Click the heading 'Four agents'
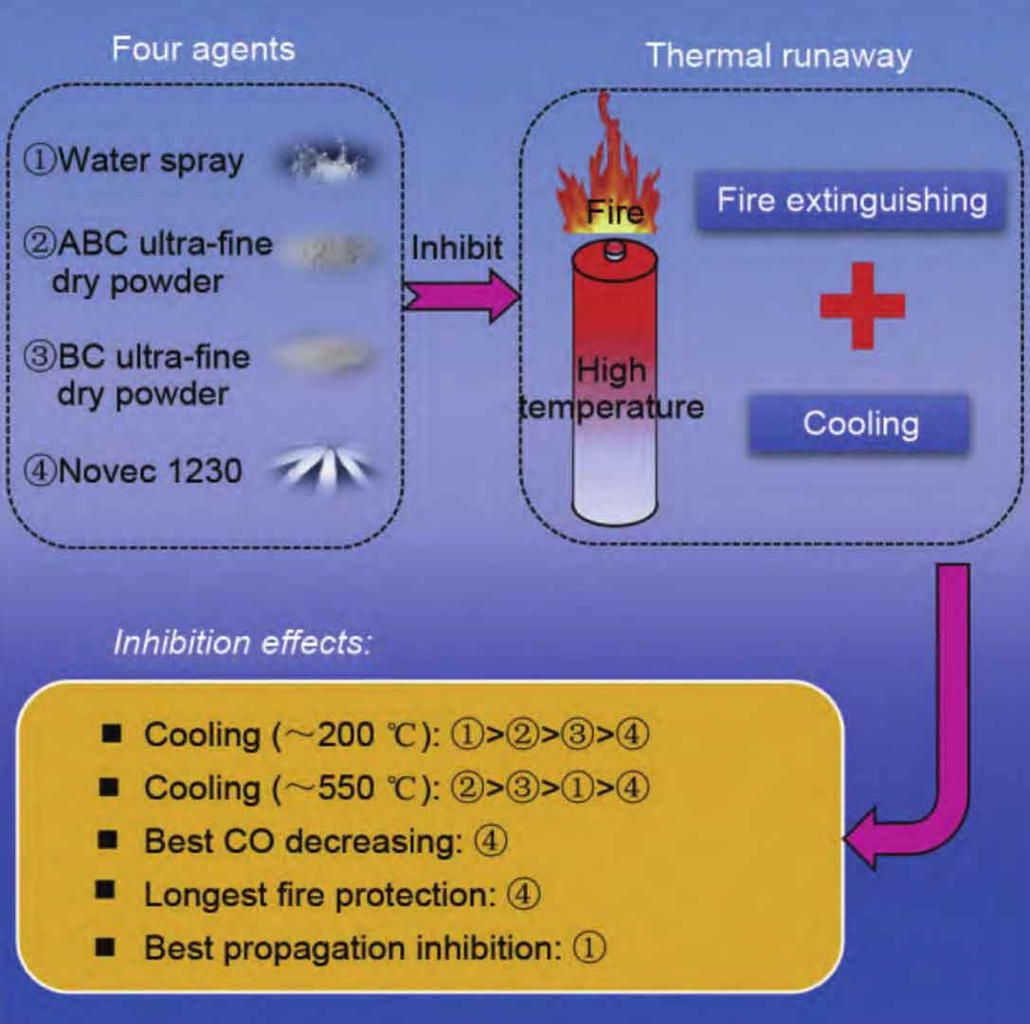coord(204,50)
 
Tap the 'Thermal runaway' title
coord(779,56)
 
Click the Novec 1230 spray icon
coord(324,469)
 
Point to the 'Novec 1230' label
coord(150,471)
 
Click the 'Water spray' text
coord(151,161)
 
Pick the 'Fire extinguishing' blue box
coord(851,200)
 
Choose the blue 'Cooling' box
coord(859,423)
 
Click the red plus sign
coord(862,305)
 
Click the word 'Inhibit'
coord(457,247)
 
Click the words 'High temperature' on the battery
coord(611,388)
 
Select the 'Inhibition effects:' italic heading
coord(243,641)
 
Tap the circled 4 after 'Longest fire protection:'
coord(524,894)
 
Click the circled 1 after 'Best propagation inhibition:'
coord(589,948)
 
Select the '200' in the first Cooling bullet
coord(346,734)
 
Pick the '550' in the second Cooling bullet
coord(346,787)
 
